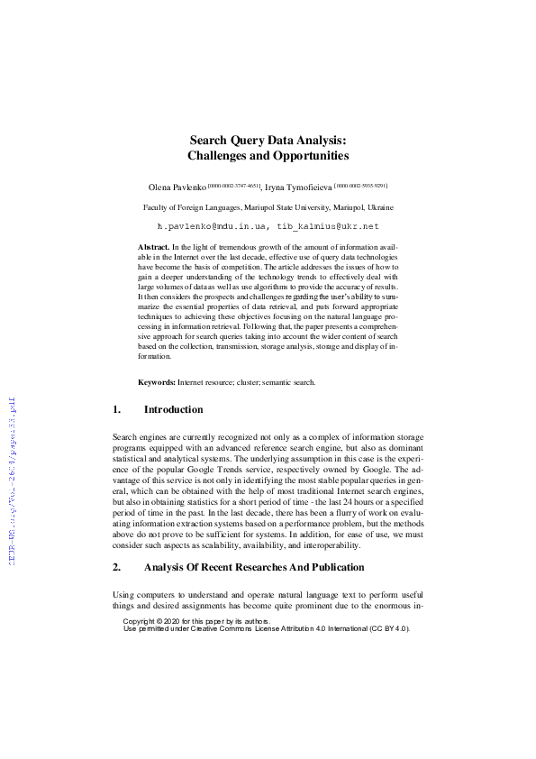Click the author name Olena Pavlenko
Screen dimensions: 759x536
point(177,187)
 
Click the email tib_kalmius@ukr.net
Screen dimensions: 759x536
point(323,225)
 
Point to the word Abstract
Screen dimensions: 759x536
point(153,246)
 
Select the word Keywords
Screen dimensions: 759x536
point(157,382)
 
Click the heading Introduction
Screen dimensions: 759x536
point(173,409)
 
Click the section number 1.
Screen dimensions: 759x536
point(116,409)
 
